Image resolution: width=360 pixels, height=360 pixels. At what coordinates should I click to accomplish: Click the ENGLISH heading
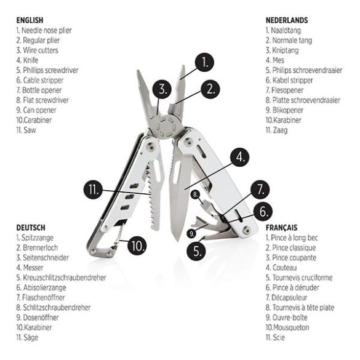click(x=30, y=20)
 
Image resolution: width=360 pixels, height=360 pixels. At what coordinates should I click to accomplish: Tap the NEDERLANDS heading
click(x=287, y=20)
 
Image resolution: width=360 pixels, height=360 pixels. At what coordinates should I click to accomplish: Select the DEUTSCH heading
click(x=30, y=228)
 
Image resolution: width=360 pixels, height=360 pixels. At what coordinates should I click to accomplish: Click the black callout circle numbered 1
click(x=204, y=62)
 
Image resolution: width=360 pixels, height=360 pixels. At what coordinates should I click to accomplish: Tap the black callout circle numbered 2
click(x=210, y=89)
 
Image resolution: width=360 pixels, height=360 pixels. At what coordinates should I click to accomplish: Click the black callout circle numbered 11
click(x=93, y=190)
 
